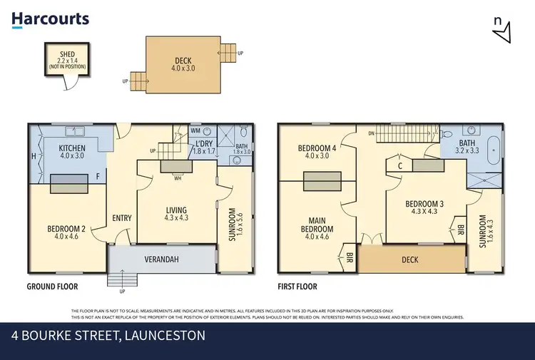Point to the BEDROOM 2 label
point(66,229)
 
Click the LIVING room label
point(176,210)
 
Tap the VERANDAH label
point(160,257)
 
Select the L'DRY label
point(205,143)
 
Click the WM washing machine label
point(195,131)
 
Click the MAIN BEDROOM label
point(318,224)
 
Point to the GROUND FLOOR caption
point(52,287)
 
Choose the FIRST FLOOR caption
point(297,287)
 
